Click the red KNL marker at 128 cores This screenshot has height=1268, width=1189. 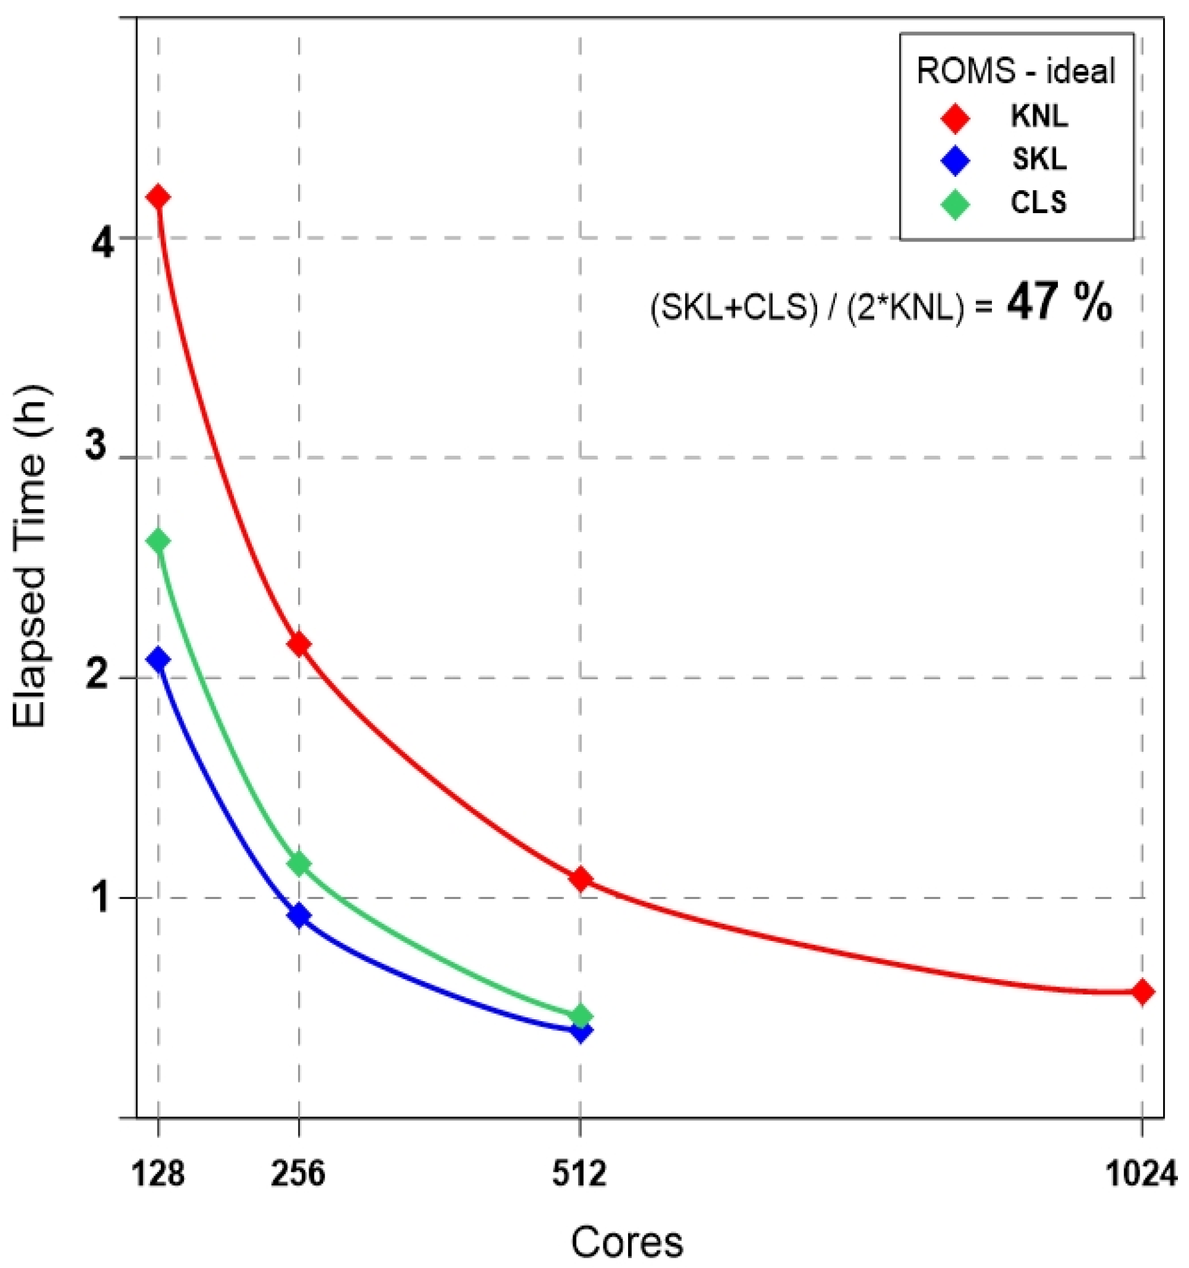coord(158,196)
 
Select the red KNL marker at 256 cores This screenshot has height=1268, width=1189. coord(299,644)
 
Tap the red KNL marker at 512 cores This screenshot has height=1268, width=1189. coord(580,879)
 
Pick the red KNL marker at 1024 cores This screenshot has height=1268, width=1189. coord(1142,992)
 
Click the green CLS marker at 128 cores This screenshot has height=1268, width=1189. coord(158,541)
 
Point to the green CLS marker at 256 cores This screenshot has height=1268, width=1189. coord(299,864)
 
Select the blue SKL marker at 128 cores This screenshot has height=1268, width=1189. coord(158,659)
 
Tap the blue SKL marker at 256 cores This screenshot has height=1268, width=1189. coord(299,916)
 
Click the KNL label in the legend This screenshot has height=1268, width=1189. coord(1039,117)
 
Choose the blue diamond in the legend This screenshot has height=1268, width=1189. coord(955,160)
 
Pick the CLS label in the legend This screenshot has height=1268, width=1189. coord(1039,203)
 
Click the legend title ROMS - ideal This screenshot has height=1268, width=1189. coord(1015,71)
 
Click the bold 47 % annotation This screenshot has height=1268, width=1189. coord(1060,304)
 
